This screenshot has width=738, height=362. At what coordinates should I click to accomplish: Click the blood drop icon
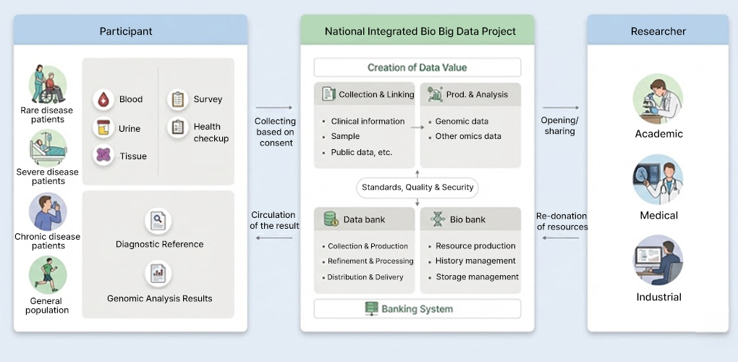point(103,99)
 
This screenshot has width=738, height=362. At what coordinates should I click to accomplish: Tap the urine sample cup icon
point(103,127)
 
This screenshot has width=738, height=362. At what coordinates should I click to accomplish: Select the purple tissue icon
point(103,156)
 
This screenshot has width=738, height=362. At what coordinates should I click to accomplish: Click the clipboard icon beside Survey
point(178,99)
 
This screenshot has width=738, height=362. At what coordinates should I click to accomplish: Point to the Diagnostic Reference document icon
point(158,220)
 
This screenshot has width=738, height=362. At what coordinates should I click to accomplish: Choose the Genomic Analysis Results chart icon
point(158,274)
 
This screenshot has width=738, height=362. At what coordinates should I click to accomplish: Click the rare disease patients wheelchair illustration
point(48,85)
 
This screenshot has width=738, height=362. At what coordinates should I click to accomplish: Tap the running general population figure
point(48,275)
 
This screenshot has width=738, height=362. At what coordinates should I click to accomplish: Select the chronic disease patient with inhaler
point(48,211)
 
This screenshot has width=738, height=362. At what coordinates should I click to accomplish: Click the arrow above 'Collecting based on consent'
point(274,108)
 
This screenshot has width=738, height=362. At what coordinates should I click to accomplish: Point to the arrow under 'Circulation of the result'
point(274,237)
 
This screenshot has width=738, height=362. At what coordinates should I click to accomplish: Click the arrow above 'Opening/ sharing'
point(561,108)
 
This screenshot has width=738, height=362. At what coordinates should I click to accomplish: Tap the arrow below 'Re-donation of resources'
point(561,237)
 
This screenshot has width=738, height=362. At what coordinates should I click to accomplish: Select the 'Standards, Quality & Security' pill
point(417,188)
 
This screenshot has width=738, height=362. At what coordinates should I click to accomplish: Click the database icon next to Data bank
point(331,219)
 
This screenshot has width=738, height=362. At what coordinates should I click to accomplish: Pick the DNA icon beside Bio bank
point(437,219)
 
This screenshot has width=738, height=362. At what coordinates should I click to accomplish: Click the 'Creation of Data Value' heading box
point(417,67)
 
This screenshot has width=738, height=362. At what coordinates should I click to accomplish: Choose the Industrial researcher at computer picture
point(658,260)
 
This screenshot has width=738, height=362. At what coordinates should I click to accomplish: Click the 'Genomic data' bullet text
point(462,121)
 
